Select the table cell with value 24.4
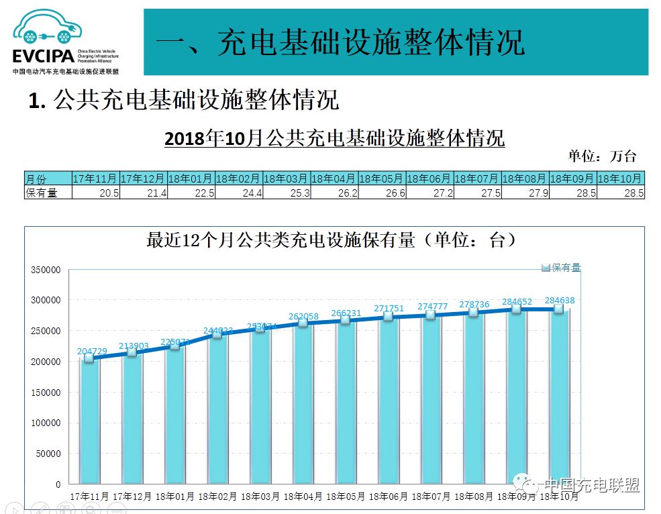click(238, 193)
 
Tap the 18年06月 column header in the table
click(429, 178)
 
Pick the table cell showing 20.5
click(95, 193)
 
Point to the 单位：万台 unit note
click(602, 156)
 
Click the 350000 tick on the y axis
click(46, 270)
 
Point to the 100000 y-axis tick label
click(46, 423)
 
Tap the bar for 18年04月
click(303, 403)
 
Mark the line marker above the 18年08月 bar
click(474, 312)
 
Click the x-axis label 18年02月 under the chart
click(217, 497)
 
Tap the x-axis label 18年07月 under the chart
click(431, 497)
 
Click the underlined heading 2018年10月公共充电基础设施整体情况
click(334, 139)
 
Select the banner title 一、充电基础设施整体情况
click(340, 42)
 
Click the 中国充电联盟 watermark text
click(591, 486)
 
